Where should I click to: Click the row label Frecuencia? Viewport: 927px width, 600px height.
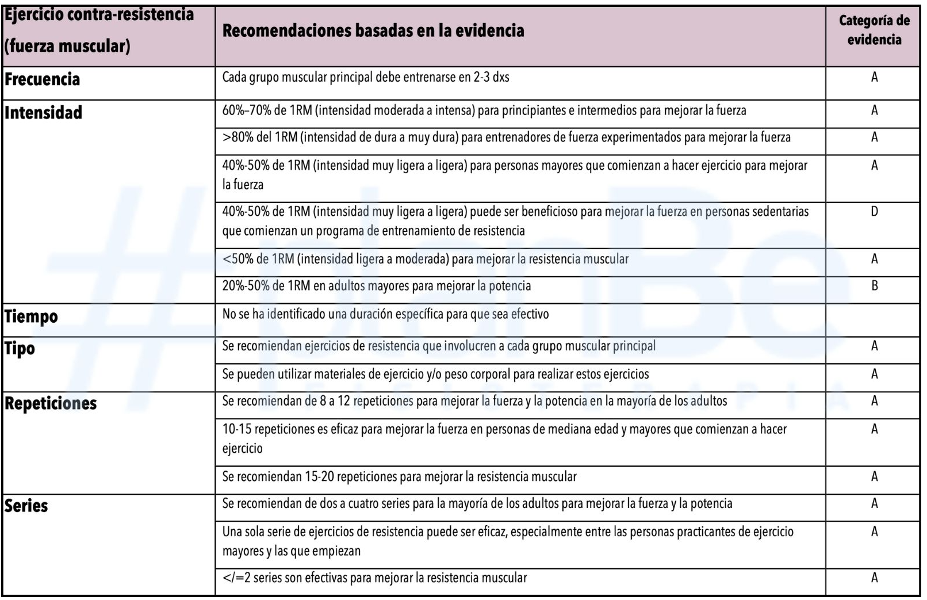pos(42,79)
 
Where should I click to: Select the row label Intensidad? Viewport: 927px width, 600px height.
pos(43,113)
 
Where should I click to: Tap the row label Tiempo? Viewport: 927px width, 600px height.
pos(31,316)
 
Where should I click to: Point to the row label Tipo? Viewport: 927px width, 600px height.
pos(20,349)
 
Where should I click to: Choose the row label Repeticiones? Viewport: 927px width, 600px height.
pos(51,403)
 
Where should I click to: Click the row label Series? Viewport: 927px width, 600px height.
pos(26,506)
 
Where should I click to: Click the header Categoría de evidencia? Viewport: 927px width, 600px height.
pos(874,30)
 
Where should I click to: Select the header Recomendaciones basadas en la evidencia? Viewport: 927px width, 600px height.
pos(373,30)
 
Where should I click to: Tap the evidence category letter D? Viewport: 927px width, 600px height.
pos(874,212)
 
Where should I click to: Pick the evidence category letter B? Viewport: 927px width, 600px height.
pos(874,286)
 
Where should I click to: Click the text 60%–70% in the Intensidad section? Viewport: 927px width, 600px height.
pos(244,110)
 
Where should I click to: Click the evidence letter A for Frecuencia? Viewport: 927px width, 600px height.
pos(874,77)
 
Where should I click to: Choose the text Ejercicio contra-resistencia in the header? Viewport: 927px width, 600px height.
pos(99,14)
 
